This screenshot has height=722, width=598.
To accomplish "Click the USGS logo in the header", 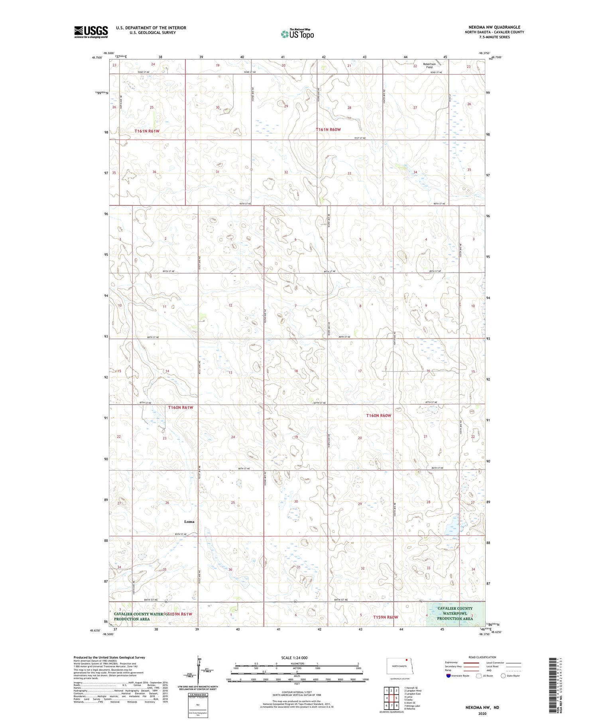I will (91, 32).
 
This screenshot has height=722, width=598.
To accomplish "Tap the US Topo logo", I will (297, 34).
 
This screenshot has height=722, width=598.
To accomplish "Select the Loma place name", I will (189, 521).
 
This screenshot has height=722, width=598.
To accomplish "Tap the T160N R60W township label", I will (379, 415).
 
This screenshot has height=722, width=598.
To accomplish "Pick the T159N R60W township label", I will (386, 617).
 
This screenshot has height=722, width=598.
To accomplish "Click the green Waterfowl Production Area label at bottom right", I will (455, 613).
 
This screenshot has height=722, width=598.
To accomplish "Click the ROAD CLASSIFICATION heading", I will (482, 657).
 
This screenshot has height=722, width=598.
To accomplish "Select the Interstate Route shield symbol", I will (448, 675).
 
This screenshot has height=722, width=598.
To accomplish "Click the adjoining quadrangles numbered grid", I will (391, 695).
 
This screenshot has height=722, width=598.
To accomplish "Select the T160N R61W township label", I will (180, 407).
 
